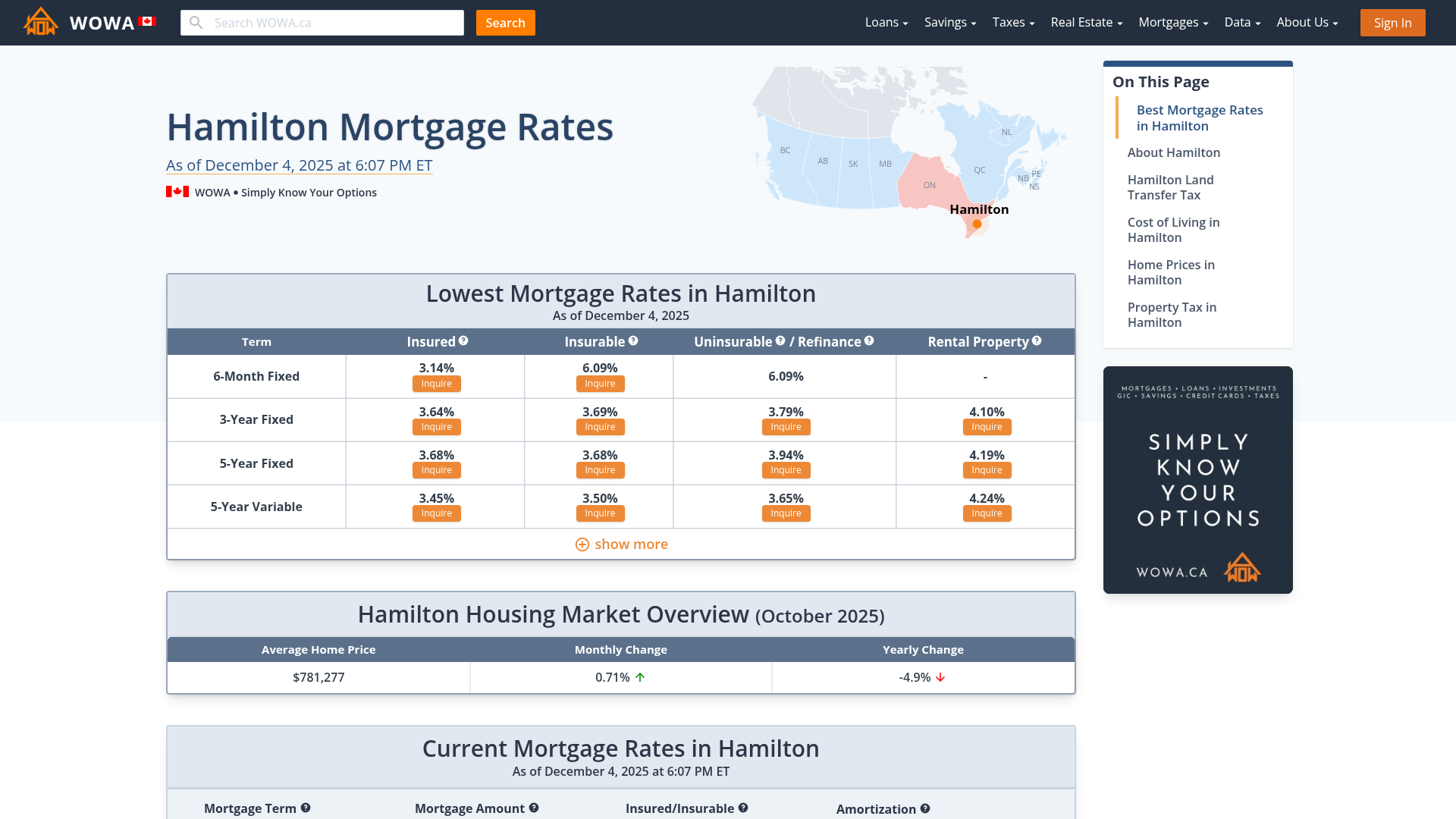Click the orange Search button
tap(505, 23)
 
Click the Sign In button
tap(1392, 23)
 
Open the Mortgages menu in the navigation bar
tap(1172, 23)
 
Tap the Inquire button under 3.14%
tap(436, 384)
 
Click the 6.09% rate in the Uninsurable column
tap(786, 376)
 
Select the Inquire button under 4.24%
tap(987, 513)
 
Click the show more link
tap(621, 544)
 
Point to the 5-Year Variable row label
tap(256, 507)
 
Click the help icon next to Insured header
tap(463, 341)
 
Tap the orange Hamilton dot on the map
tap(977, 224)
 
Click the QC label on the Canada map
tap(980, 170)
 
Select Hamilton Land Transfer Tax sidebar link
tap(1170, 187)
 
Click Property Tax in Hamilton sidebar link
tap(1172, 315)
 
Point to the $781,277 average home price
tap(318, 677)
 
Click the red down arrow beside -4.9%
tap(940, 677)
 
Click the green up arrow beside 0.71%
tap(640, 677)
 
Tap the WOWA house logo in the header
tap(41, 22)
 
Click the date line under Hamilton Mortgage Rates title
tap(299, 165)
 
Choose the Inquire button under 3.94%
tap(786, 470)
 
